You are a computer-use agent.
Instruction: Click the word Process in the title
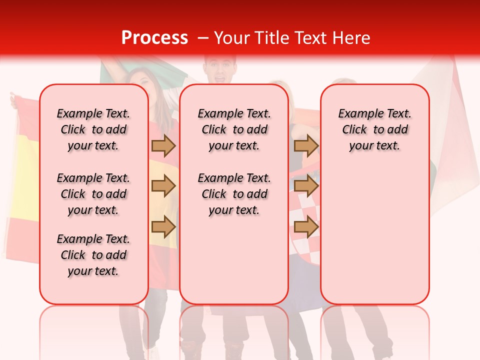pyautogui.click(x=154, y=38)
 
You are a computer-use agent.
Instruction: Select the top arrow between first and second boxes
pyautogui.click(x=163, y=145)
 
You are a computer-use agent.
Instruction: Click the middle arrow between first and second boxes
pyautogui.click(x=163, y=186)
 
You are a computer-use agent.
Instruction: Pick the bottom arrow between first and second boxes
pyautogui.click(x=163, y=227)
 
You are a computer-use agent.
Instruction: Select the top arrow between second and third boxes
pyautogui.click(x=306, y=145)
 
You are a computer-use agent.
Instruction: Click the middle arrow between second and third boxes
pyautogui.click(x=306, y=186)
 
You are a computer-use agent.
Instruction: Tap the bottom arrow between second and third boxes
pyautogui.click(x=306, y=227)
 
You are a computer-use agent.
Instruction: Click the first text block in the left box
pyautogui.click(x=93, y=129)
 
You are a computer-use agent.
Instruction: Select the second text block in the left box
pyautogui.click(x=93, y=194)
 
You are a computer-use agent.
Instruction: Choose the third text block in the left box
pyautogui.click(x=93, y=255)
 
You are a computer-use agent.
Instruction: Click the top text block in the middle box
pyautogui.click(x=234, y=129)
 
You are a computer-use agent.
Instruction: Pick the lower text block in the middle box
pyautogui.click(x=234, y=194)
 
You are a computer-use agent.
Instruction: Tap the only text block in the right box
pyautogui.click(x=374, y=129)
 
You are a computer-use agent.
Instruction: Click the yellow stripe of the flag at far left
pyautogui.click(x=22, y=180)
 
